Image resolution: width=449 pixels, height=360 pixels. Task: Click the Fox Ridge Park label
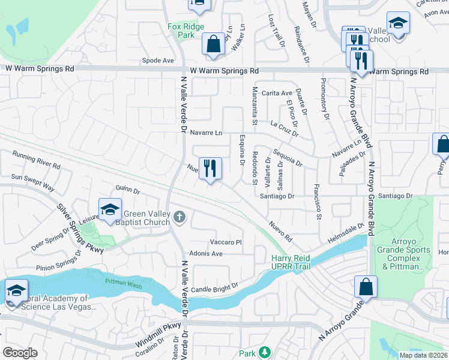tap(186, 31)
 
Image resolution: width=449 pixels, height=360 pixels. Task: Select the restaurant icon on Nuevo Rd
tap(210, 169)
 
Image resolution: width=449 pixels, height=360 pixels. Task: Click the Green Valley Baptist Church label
tap(147, 217)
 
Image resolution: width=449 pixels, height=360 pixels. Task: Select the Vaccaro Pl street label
tap(226, 242)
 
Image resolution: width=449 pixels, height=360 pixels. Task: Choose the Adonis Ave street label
tap(206, 254)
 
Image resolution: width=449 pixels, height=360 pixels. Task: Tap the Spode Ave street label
tap(158, 61)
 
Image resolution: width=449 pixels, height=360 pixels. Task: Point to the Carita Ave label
tap(277, 93)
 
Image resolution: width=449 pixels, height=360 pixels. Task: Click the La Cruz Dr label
tap(285, 125)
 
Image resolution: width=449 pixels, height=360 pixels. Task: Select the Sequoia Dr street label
tap(288, 157)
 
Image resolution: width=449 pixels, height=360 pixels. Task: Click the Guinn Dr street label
tap(128, 190)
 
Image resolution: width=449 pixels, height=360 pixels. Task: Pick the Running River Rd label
tap(36, 159)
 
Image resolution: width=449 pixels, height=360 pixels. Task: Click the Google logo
tap(20, 353)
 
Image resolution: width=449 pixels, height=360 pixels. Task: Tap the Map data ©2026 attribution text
tap(423, 355)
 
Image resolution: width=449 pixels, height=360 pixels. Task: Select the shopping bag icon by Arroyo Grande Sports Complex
tap(366, 287)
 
